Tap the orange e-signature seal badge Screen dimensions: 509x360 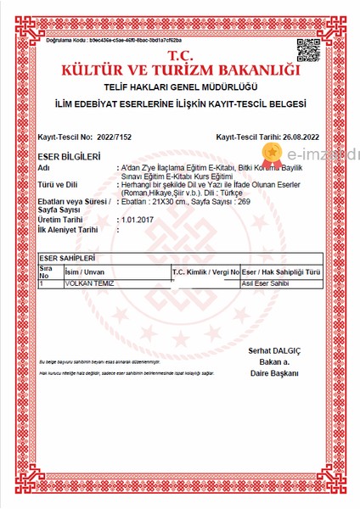coord(273,153)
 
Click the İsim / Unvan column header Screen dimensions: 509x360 coord(84,271)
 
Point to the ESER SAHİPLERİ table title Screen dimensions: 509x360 coord(67,257)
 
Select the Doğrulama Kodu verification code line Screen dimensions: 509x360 coord(114,40)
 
